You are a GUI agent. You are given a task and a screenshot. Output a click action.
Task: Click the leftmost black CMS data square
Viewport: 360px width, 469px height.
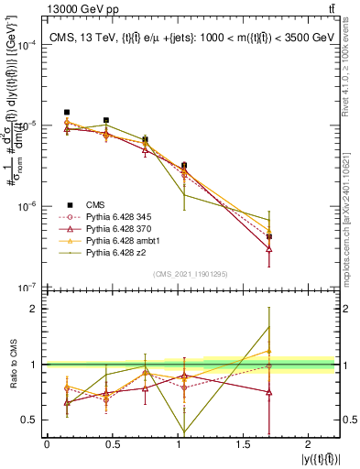(67, 112)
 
